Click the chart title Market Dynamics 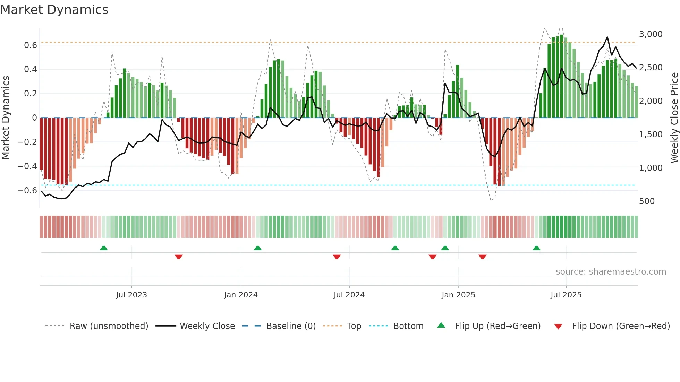[54, 10]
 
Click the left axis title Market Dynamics [6, 118]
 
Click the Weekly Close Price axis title [674, 118]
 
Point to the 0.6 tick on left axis [31, 45]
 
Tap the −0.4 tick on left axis [27, 166]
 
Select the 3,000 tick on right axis [651, 34]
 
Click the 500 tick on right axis [647, 201]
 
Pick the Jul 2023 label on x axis [131, 295]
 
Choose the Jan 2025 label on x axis [458, 295]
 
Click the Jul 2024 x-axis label [349, 295]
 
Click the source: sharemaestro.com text [611, 272]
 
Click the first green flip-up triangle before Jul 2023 [104, 248]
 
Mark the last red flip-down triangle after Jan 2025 [482, 257]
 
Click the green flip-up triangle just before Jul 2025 [536, 248]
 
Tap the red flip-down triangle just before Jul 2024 [337, 257]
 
